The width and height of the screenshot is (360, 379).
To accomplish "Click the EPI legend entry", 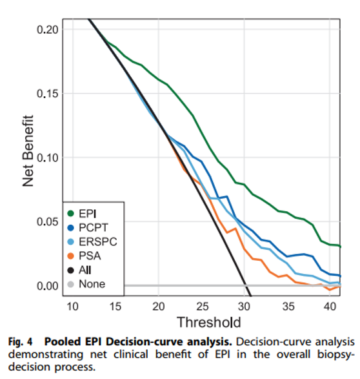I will click(86, 212).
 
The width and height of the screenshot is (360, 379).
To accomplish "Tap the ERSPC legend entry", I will click(94, 241).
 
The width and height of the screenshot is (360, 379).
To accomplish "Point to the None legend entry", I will click(90, 283).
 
